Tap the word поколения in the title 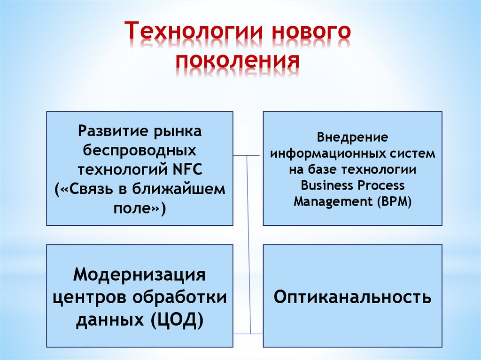click(238, 61)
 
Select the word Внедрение click(352, 138)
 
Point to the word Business click(327, 185)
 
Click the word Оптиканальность click(352, 297)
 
